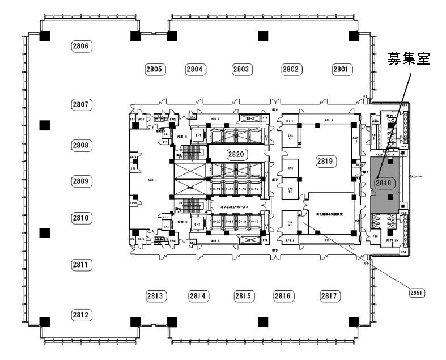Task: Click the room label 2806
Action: click(x=82, y=45)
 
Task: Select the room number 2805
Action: click(x=154, y=69)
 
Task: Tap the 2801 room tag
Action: click(x=341, y=69)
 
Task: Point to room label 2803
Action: click(x=241, y=69)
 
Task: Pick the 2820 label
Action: click(x=236, y=154)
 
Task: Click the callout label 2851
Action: click(x=417, y=293)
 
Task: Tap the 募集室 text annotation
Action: click(x=409, y=58)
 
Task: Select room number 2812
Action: click(x=82, y=315)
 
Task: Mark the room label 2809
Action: click(x=82, y=181)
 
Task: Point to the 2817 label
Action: click(x=329, y=295)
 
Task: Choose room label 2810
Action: click(x=82, y=218)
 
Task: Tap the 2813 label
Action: click(x=155, y=295)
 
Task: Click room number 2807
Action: click(x=82, y=104)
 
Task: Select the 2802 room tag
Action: click(x=291, y=69)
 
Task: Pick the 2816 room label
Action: click(x=283, y=295)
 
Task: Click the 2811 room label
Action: click(x=82, y=264)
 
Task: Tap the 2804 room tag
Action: click(x=195, y=69)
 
